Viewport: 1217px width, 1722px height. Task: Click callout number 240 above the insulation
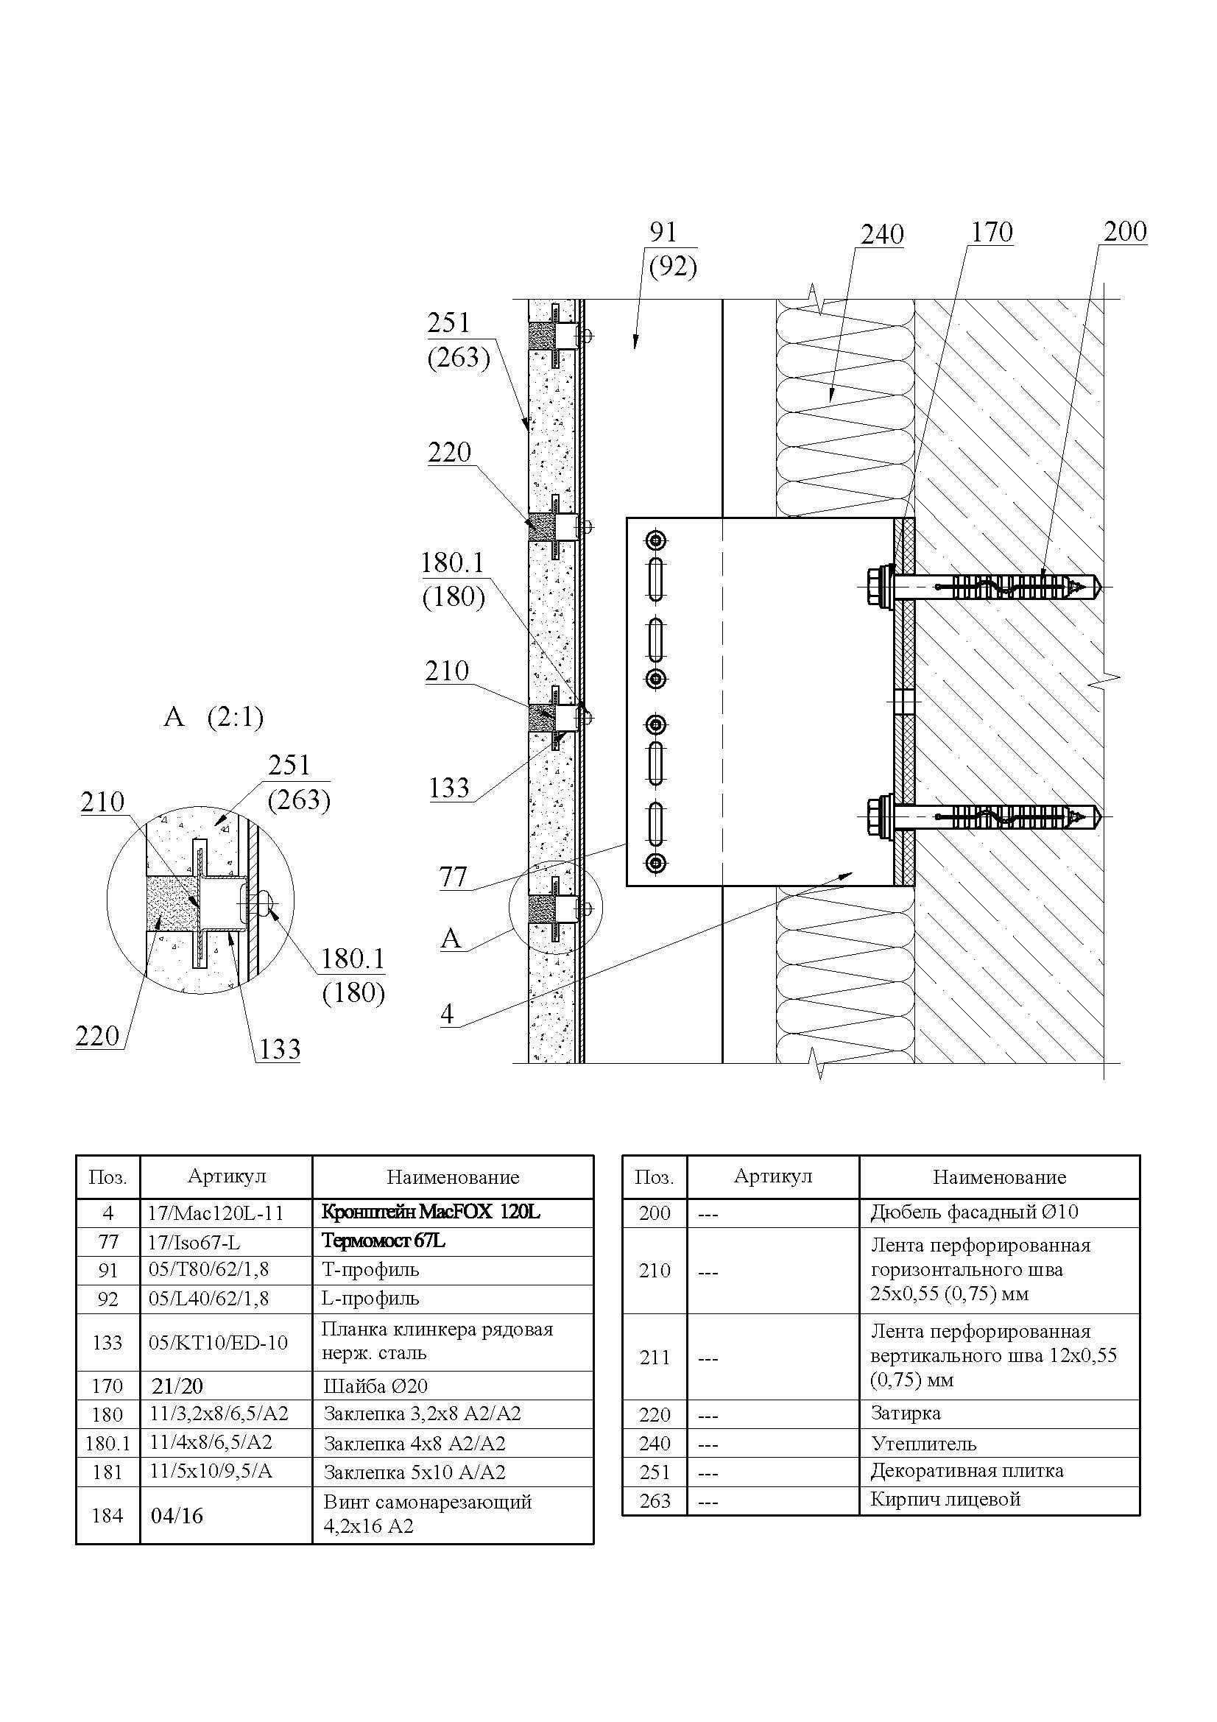[x=882, y=235]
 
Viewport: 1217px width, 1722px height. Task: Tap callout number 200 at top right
[x=1125, y=232]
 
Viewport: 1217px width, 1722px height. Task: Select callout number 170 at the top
[x=992, y=233]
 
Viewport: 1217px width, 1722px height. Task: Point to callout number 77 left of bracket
[x=454, y=876]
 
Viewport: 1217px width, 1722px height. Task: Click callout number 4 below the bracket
[x=447, y=1014]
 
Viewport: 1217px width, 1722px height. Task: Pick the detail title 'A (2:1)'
[x=214, y=718]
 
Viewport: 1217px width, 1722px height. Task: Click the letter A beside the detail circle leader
[x=451, y=938]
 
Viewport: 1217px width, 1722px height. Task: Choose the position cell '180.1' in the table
[x=108, y=1444]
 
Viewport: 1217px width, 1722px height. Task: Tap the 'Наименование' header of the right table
[x=999, y=1177]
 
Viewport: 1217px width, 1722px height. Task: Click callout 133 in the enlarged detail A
[x=280, y=1048]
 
